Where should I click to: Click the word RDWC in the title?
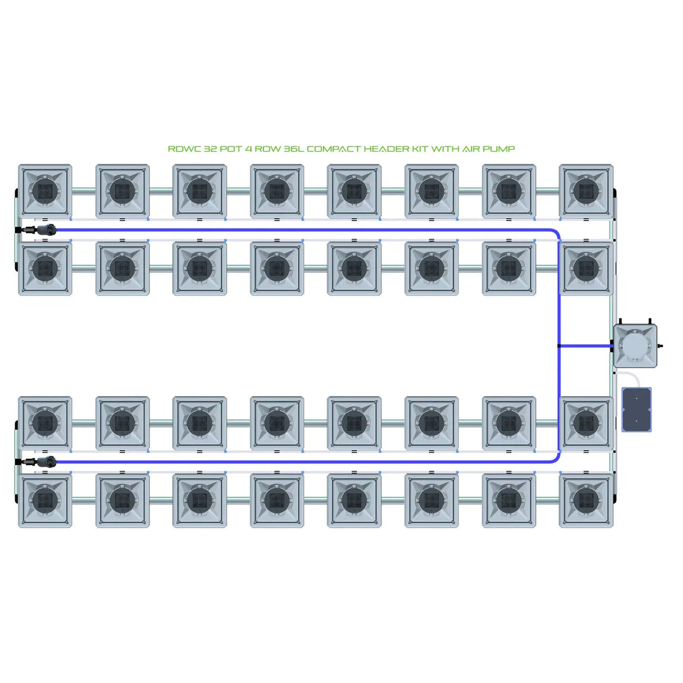pyautogui.click(x=184, y=149)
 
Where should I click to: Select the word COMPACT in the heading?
pyautogui.click(x=334, y=149)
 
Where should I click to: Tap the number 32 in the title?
pyautogui.click(x=210, y=149)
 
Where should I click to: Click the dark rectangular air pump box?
pyautogui.click(x=636, y=410)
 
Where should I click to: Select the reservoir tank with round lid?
pyautogui.click(x=635, y=345)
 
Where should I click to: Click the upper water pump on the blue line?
pyautogui.click(x=45, y=230)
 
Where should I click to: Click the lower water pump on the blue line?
pyautogui.click(x=45, y=462)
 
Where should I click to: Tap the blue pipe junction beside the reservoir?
pyautogui.click(x=559, y=346)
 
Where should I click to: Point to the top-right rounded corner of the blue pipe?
pyautogui.click(x=556, y=232)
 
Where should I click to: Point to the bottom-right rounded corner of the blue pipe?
pyautogui.click(x=556, y=459)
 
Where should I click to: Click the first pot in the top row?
pyautogui.click(x=45, y=191)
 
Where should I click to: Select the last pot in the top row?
pyautogui.click(x=586, y=191)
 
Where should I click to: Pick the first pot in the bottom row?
pyautogui.click(x=45, y=500)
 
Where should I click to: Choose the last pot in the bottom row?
pyautogui.click(x=586, y=500)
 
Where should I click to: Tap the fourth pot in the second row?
pyautogui.click(x=277, y=268)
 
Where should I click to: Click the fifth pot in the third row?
pyautogui.click(x=354, y=423)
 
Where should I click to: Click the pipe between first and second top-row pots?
pyautogui.click(x=83, y=191)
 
